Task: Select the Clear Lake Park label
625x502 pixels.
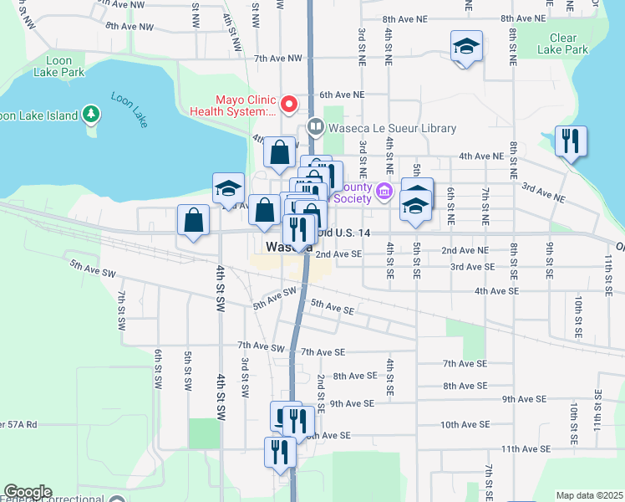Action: click(569, 44)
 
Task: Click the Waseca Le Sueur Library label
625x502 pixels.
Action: click(394, 128)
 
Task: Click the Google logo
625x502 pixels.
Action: click(28, 492)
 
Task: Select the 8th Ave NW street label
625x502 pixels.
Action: click(130, 26)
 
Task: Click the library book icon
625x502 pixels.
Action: click(316, 128)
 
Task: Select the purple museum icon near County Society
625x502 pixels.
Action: click(384, 192)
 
